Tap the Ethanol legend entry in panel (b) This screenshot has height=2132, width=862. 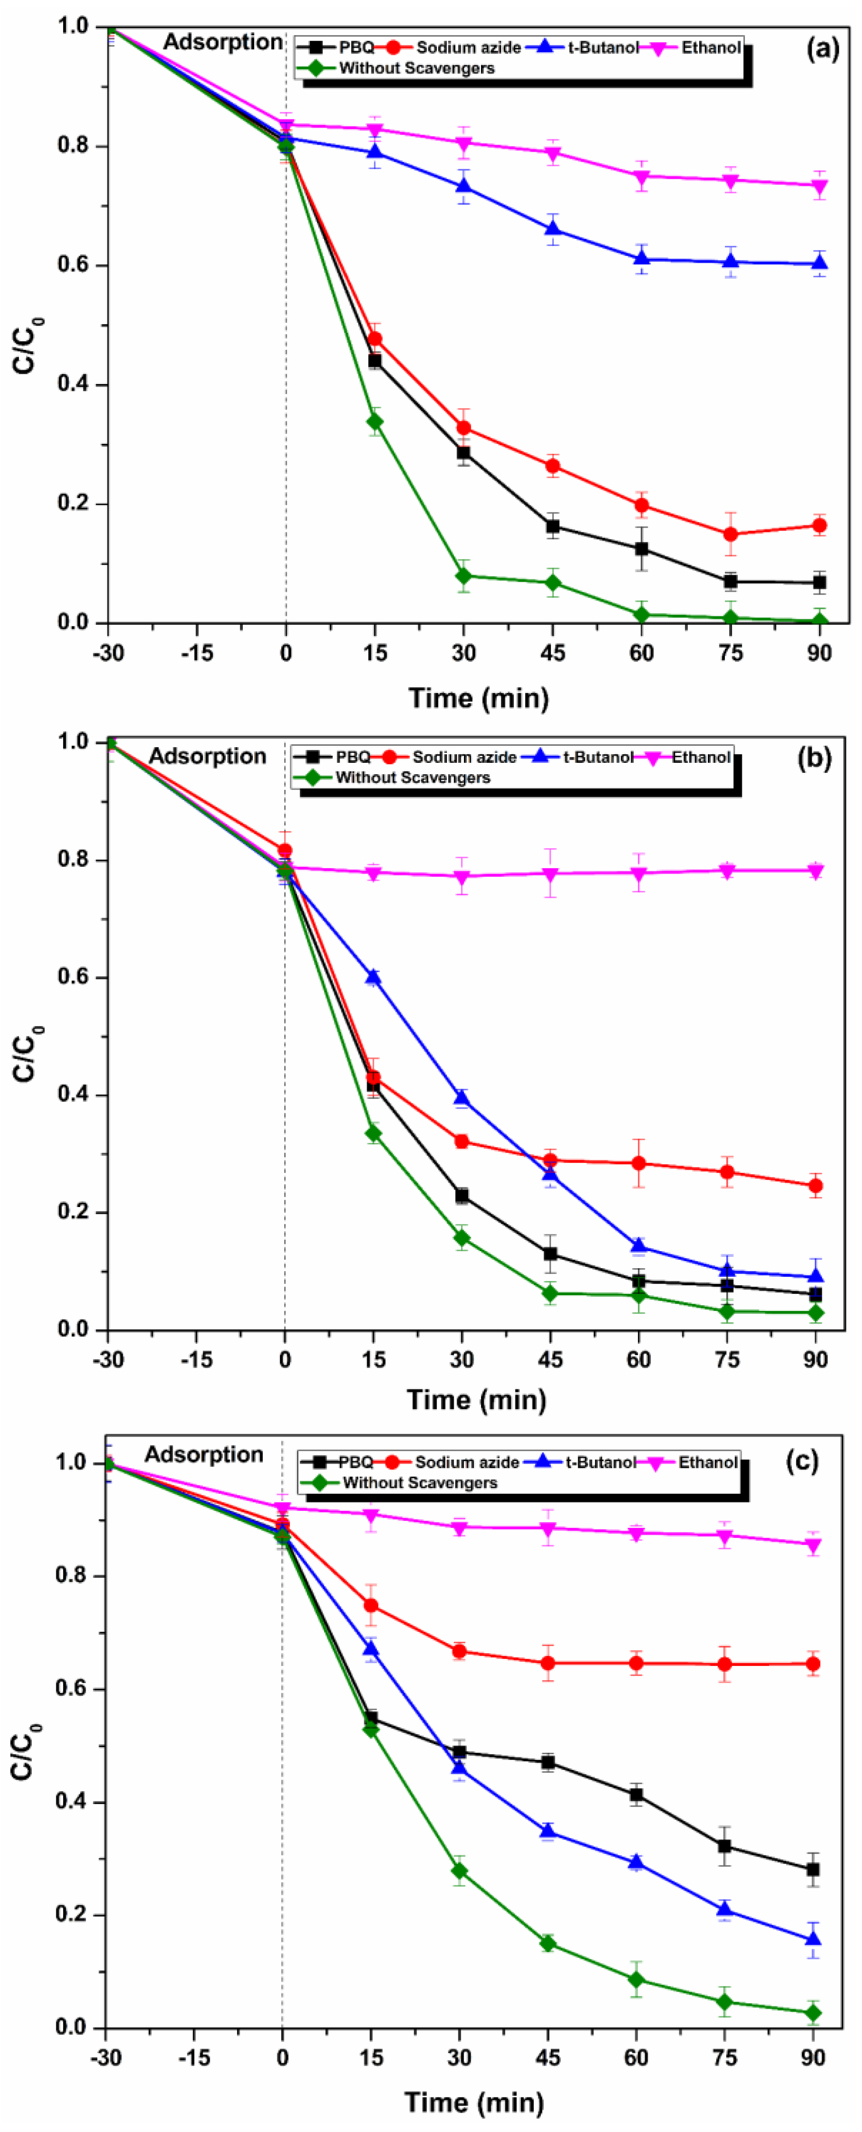coord(700,757)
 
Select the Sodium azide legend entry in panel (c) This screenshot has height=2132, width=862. coord(466,1463)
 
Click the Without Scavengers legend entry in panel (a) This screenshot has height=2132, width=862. coord(416,68)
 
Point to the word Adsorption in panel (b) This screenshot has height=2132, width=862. coord(207,756)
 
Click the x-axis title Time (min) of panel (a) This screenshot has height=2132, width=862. coord(479,698)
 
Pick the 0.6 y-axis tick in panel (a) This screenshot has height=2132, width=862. coord(73,265)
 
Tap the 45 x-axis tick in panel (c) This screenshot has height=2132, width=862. coord(547,2058)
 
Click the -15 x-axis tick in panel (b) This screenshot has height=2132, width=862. coord(196,1359)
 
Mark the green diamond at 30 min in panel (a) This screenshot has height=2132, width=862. coord(463,575)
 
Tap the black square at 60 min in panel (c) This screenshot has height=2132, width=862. coord(636,1794)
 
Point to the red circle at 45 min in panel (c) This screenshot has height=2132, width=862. coord(547,1663)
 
